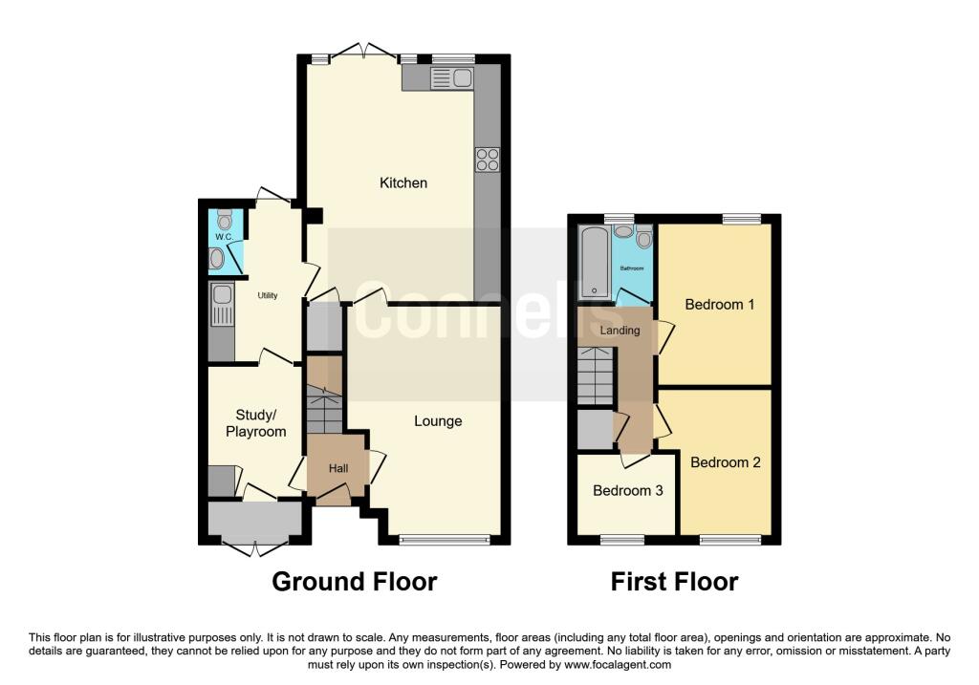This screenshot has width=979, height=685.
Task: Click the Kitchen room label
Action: pos(403,182)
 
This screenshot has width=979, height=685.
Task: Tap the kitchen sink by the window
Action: pos(452,78)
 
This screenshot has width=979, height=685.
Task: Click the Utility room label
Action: pos(267,295)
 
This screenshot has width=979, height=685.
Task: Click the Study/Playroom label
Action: pos(255,422)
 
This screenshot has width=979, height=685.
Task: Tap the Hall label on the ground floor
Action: pos(338,469)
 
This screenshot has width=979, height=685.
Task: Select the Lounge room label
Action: pos(438,420)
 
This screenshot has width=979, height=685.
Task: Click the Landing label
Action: pos(620,331)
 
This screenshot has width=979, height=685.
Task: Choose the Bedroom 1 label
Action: pos(720,305)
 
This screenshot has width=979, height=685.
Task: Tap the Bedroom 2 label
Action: pos(726,462)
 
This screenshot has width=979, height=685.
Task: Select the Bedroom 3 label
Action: pos(628,491)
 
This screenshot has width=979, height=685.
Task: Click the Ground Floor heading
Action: pos(354,581)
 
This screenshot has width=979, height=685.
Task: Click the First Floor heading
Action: pos(674,581)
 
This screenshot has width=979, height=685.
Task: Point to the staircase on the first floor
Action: pos(595,375)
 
